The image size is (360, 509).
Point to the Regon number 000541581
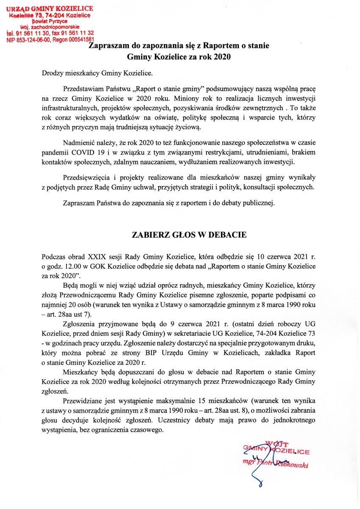tap(80, 39)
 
